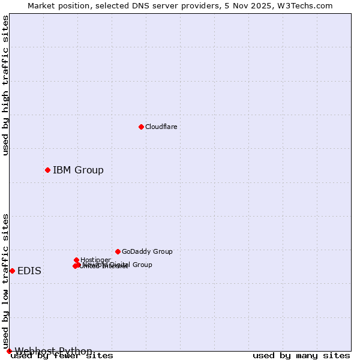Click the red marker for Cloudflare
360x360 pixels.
point(141,127)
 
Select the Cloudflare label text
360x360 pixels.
point(161,127)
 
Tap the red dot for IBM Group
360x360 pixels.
point(47,170)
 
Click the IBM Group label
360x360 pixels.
point(78,170)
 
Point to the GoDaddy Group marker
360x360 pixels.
point(118,251)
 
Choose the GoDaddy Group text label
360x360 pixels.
point(147,251)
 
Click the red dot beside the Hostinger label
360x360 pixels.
point(76,260)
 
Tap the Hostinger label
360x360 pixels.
point(95,260)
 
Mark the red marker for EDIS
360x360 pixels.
point(12,271)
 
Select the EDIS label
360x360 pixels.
point(29,271)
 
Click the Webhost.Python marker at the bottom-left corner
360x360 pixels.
point(9,351)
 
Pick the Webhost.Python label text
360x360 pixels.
point(53,351)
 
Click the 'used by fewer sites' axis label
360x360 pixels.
point(62,356)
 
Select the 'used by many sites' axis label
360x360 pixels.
point(301,356)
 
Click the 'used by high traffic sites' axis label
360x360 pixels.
point(5,85)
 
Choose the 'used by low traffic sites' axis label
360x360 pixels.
point(5,281)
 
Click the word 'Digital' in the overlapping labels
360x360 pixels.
point(118,265)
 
